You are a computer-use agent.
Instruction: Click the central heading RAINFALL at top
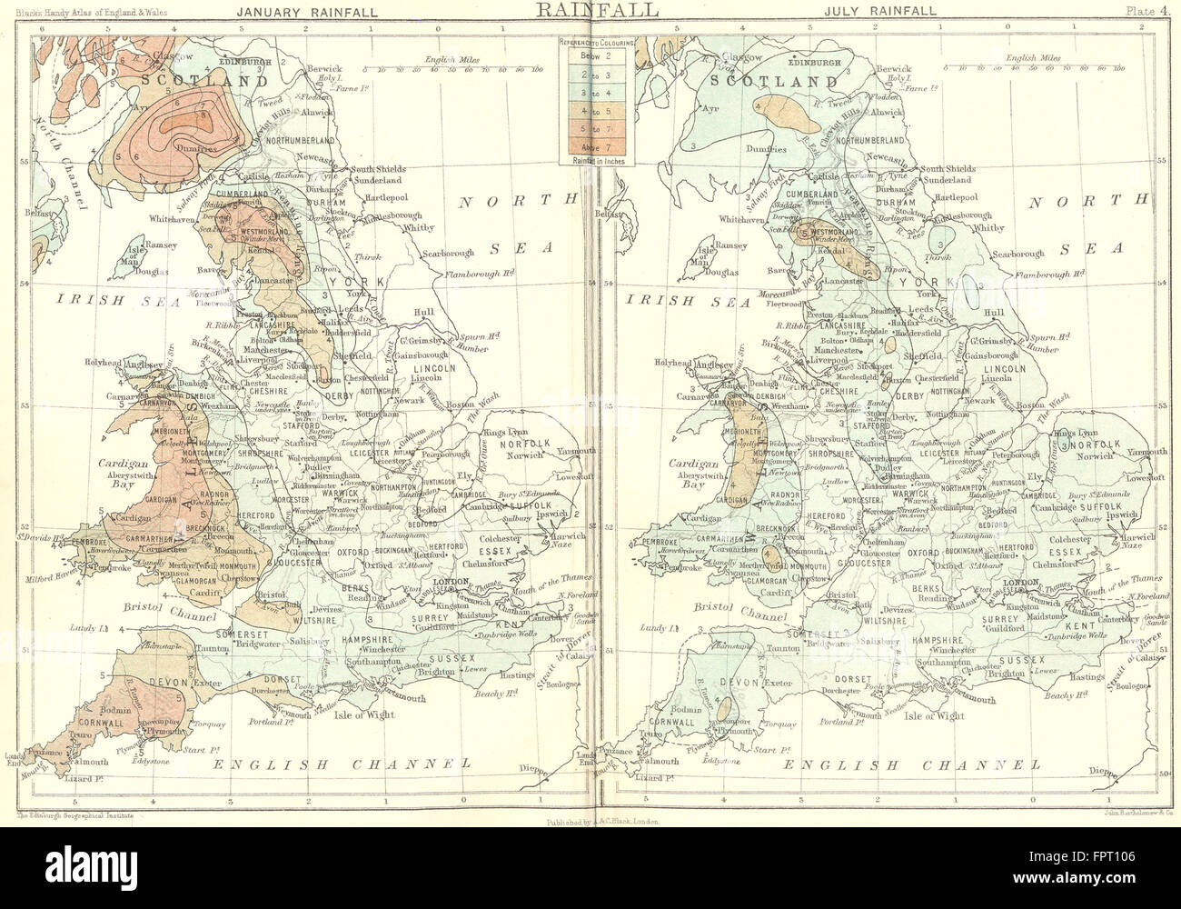point(591,11)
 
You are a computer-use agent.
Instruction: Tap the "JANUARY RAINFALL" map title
point(289,12)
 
